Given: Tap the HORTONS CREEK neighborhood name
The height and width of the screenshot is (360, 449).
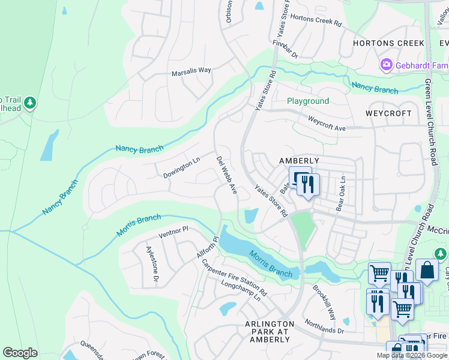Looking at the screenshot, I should [388, 43].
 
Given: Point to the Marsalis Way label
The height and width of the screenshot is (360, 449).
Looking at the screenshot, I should [191, 70].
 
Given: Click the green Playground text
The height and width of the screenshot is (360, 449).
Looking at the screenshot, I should [307, 101].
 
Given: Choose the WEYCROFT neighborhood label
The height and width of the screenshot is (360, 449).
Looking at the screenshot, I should [389, 113].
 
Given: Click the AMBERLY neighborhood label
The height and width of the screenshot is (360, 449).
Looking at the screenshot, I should [299, 161].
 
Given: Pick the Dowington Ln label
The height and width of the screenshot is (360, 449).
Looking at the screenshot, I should [181, 168].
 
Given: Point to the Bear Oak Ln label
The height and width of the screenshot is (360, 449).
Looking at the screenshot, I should [341, 193].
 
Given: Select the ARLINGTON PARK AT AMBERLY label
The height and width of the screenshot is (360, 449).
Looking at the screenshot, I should [268, 332].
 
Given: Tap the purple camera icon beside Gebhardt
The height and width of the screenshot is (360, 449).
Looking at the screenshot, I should [386, 64].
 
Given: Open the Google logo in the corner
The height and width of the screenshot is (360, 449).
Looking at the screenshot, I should [20, 353].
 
